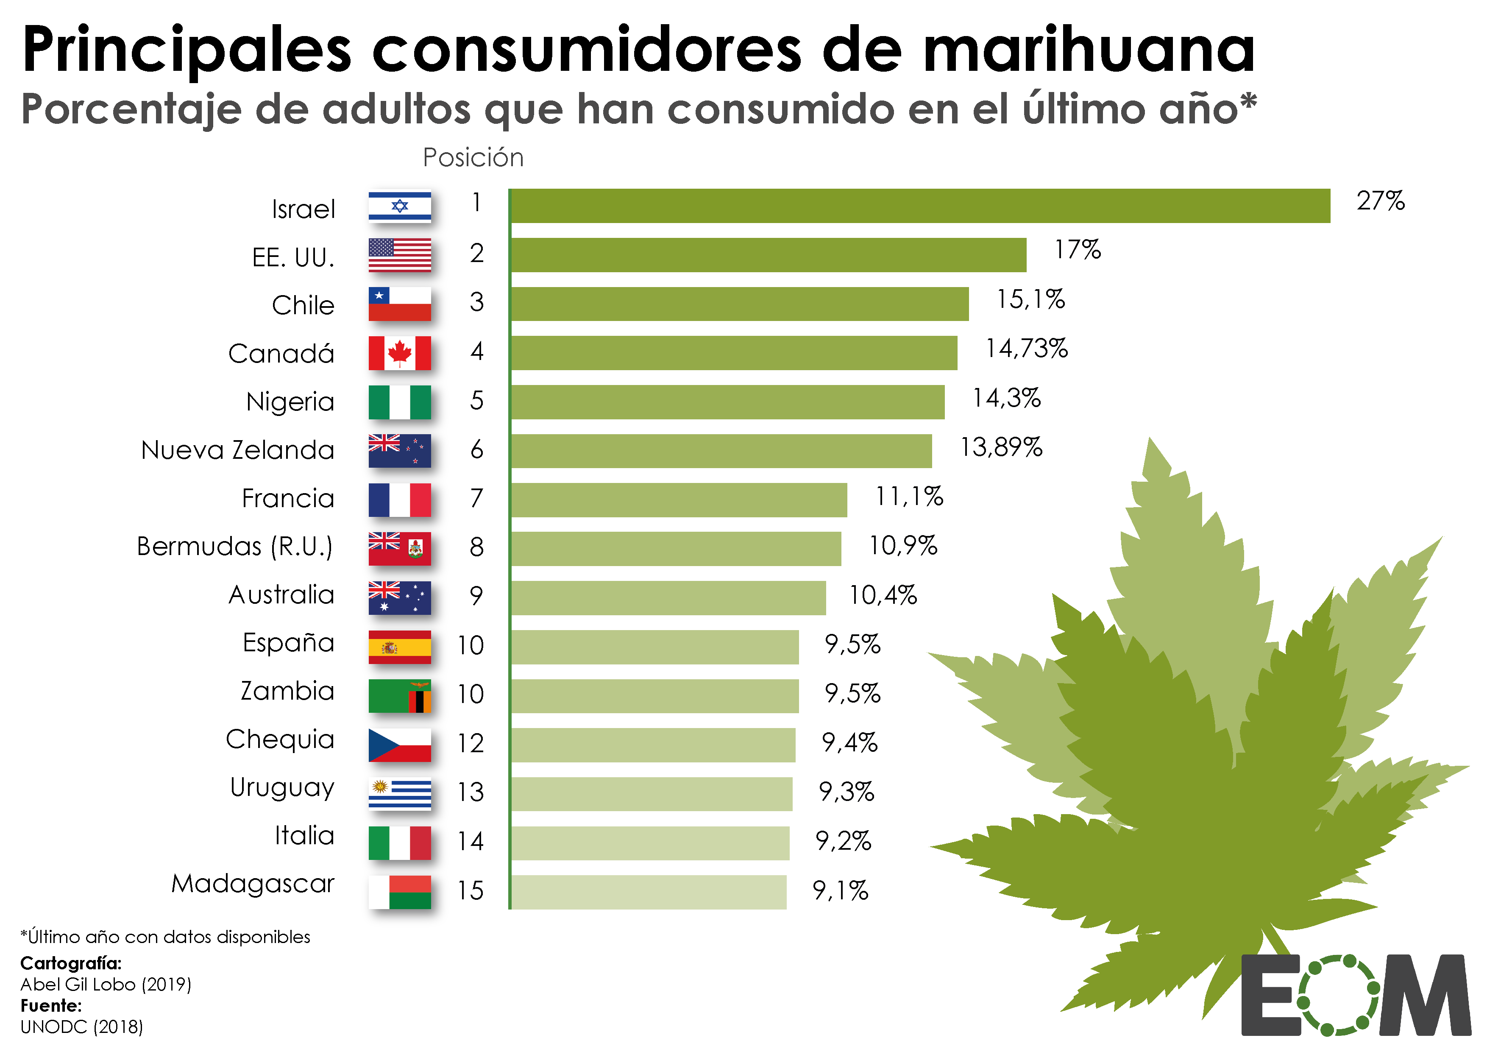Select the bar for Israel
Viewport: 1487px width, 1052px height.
(x=920, y=206)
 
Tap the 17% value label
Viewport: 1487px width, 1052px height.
(x=1077, y=249)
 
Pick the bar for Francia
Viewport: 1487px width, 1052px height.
(x=678, y=499)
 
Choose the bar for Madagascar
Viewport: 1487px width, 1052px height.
(x=648, y=892)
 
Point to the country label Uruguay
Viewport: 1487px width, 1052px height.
(x=282, y=788)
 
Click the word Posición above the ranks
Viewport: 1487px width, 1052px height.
(x=473, y=157)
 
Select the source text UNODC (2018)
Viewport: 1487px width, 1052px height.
(x=82, y=1027)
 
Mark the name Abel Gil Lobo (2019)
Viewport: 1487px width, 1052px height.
(x=106, y=984)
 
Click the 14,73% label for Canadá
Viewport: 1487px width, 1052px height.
(x=1026, y=349)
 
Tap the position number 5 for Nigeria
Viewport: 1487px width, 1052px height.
(x=477, y=400)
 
